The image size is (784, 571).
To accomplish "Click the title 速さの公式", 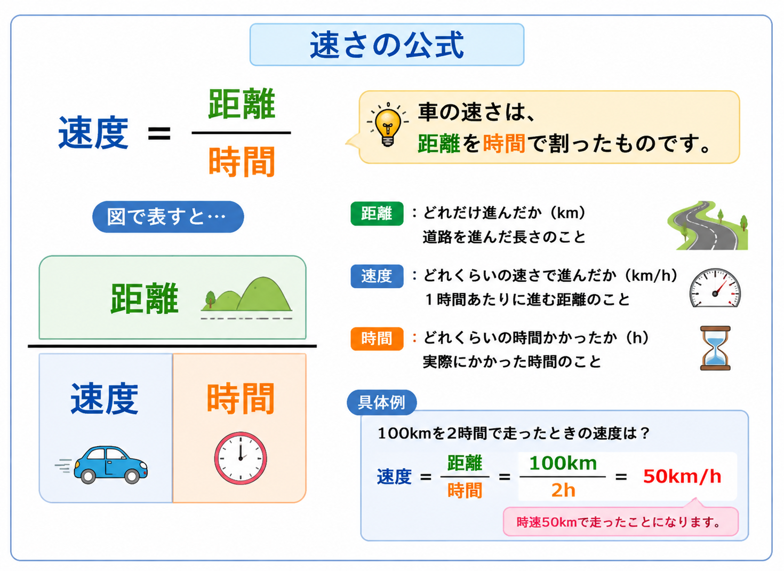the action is pyautogui.click(x=387, y=45).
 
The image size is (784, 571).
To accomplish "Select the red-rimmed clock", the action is pyautogui.click(x=241, y=458).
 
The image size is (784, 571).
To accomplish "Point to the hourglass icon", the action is pyautogui.click(x=715, y=348).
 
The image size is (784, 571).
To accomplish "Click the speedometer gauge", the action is pyautogui.click(x=715, y=288).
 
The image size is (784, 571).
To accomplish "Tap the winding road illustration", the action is pyautogui.click(x=707, y=225).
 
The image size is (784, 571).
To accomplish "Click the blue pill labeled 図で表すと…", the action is pyautogui.click(x=168, y=217).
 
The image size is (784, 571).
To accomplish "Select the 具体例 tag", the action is pyautogui.click(x=381, y=402).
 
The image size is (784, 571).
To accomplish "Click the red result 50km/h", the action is pyautogui.click(x=682, y=477).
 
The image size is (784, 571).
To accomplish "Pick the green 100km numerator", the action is pyautogui.click(x=563, y=463).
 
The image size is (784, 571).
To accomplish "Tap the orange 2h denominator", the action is pyautogui.click(x=563, y=490).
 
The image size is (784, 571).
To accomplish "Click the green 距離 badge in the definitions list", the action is pyautogui.click(x=377, y=213).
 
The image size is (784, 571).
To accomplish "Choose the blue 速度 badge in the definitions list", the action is pyautogui.click(x=377, y=276).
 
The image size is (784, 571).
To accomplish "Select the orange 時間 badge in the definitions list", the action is pyautogui.click(x=377, y=339).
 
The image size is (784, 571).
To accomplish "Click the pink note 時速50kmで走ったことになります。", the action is pyautogui.click(x=621, y=522).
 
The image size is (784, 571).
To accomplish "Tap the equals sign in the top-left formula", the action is pyautogui.click(x=159, y=133).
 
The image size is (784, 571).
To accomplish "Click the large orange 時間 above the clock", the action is pyautogui.click(x=241, y=399).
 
